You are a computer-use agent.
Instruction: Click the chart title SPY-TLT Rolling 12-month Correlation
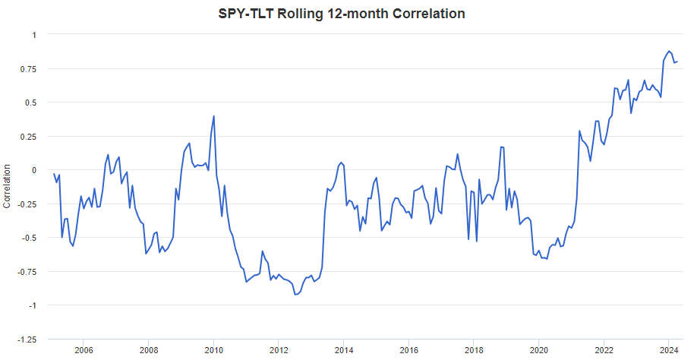348,14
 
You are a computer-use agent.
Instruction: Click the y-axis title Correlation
8,185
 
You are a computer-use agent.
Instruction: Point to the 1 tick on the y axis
33,35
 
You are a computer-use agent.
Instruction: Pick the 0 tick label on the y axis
33,170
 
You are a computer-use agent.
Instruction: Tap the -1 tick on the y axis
31,305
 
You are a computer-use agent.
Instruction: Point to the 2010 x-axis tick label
213,350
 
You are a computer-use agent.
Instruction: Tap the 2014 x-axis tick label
343,350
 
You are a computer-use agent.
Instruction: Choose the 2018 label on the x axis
474,350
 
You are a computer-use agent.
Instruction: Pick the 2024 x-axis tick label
668,350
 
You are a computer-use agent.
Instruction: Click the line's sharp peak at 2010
213,116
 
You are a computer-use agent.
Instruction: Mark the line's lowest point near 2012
295,294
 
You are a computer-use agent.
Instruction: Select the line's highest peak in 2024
668,51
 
